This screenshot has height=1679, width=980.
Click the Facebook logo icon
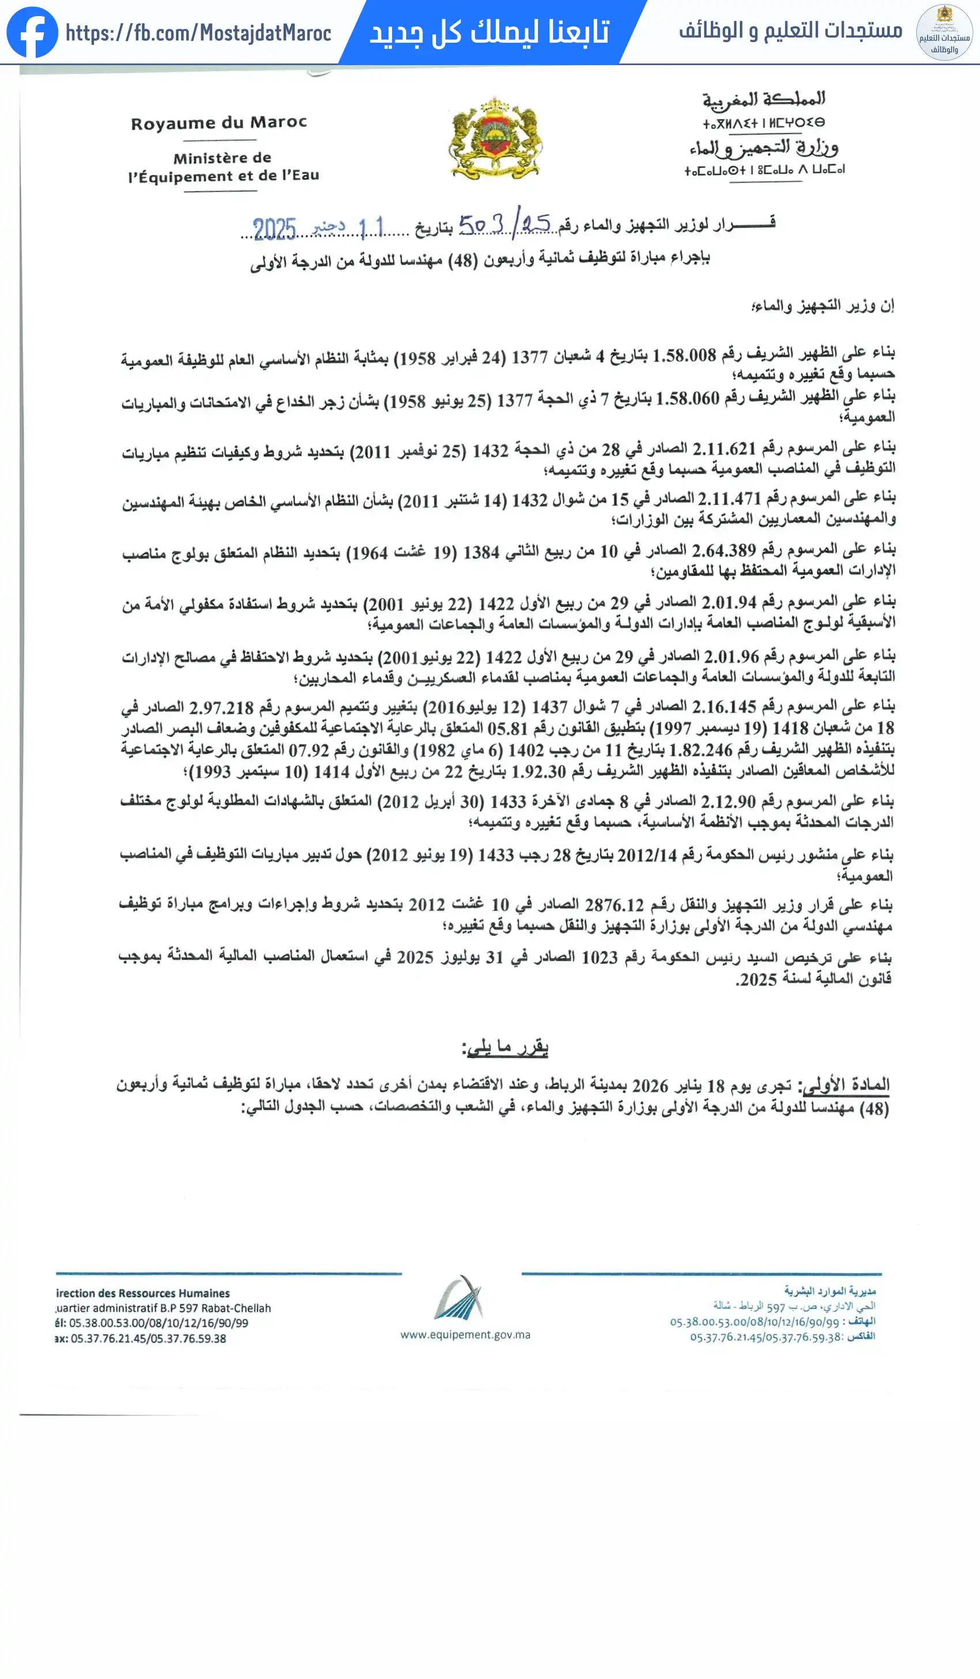point(32,32)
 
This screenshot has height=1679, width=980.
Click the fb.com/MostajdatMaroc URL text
point(198,33)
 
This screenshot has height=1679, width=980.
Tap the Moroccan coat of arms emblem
point(495,138)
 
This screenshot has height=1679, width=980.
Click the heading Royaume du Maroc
point(218,123)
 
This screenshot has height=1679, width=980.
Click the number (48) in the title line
point(463,260)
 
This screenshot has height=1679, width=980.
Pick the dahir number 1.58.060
point(688,398)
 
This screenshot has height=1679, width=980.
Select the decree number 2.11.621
point(723,448)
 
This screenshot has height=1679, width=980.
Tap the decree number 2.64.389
point(723,550)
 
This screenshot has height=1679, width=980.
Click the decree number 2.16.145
point(723,706)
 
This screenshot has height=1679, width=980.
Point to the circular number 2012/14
point(646,855)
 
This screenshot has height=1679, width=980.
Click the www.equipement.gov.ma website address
point(465,1334)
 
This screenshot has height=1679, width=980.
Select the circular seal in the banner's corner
point(944,32)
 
